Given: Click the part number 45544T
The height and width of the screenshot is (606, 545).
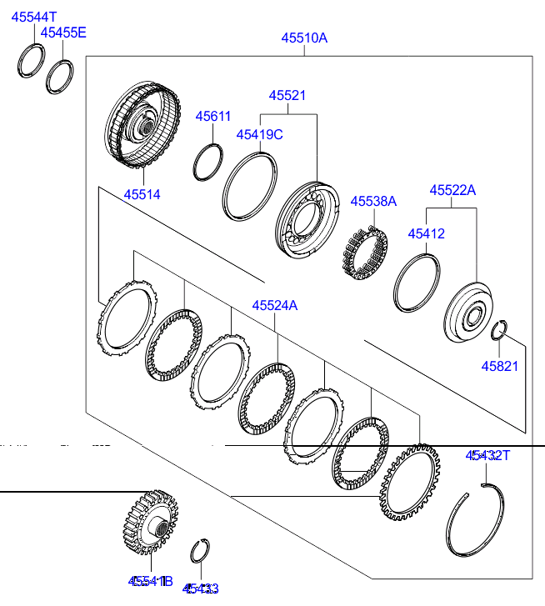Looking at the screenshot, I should (34, 17).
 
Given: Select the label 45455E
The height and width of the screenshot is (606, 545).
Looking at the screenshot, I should (64, 33).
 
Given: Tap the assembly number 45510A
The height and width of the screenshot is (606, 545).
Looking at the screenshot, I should (304, 38).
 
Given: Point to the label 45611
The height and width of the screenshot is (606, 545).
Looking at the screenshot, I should (213, 117).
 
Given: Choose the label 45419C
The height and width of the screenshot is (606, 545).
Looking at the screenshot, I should (259, 133).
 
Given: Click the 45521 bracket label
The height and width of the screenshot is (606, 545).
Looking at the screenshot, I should (287, 95).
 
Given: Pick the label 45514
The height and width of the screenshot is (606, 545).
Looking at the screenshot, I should (142, 194).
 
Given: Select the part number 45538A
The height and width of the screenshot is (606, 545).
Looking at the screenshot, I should (373, 201).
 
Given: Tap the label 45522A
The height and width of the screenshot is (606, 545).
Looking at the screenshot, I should (452, 190).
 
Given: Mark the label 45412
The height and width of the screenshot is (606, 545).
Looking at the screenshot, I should (426, 233).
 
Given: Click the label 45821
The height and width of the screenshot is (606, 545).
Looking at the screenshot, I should (500, 366).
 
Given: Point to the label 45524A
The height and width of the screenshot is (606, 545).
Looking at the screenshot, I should (275, 306).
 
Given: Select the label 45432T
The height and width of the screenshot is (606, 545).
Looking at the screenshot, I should (487, 455).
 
